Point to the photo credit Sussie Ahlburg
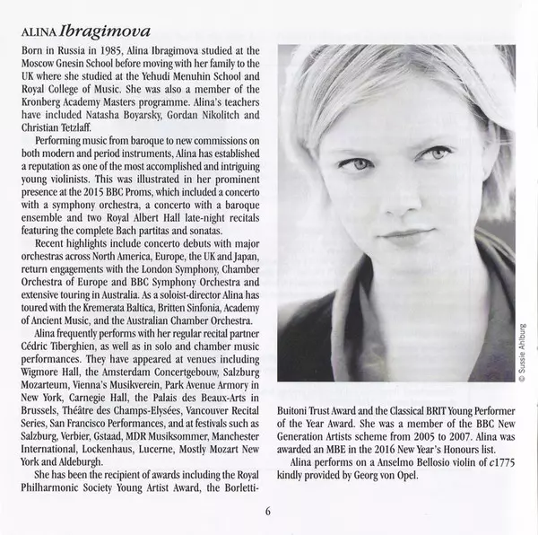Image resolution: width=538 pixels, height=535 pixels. (x=521, y=355)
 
